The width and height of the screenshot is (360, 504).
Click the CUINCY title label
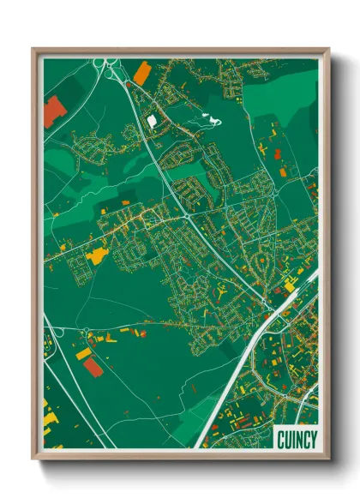[x=297, y=440]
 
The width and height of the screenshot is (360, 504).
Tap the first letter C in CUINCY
[x=281, y=440]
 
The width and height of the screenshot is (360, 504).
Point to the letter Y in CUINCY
[x=313, y=440]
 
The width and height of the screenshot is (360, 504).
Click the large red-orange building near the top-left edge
[x=55, y=111]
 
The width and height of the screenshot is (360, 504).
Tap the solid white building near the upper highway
[x=153, y=123]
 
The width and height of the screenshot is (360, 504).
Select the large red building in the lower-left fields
[x=93, y=367]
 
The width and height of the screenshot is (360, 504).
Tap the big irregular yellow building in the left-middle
[x=98, y=255]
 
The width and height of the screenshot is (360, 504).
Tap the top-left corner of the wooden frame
[x=33, y=49]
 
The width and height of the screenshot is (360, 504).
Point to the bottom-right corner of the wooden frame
[x=328, y=459]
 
